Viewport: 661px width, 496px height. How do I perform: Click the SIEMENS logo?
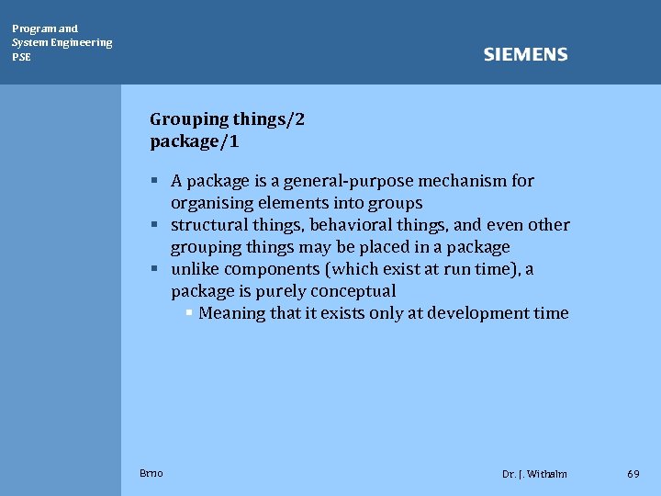click(525, 55)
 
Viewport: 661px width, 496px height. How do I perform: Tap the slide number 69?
click(633, 474)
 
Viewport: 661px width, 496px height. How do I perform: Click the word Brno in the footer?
click(151, 473)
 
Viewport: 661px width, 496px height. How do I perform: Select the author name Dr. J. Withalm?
click(534, 474)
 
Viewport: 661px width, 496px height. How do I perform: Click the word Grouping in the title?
click(189, 119)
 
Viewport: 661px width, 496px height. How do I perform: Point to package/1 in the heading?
click(195, 142)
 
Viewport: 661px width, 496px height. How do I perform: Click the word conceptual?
click(353, 291)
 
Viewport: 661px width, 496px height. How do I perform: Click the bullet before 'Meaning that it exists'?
click(188, 313)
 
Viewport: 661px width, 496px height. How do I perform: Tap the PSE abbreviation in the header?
click(21, 57)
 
